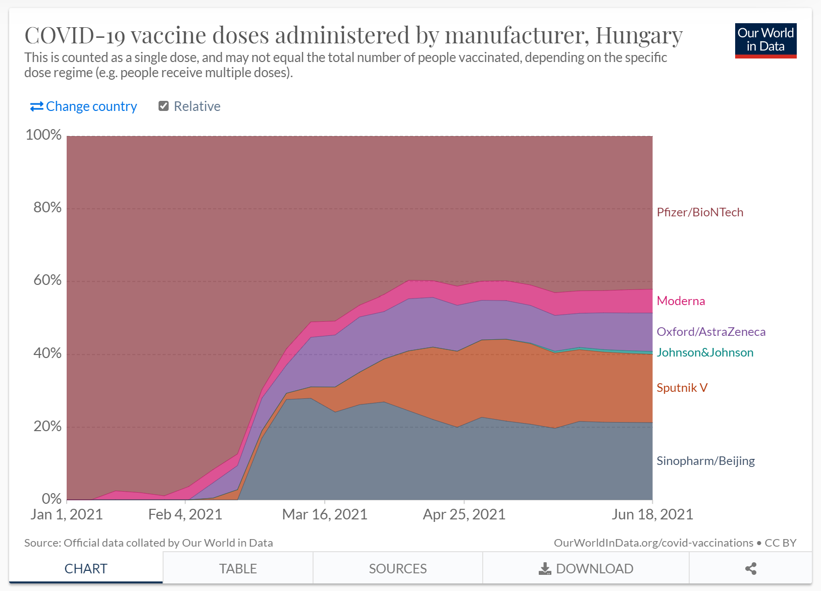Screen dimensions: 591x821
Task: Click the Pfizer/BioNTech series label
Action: point(699,212)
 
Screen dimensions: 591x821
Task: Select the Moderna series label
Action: point(681,301)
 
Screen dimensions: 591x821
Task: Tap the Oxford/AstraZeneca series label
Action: point(710,332)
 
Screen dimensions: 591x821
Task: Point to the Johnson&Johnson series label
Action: point(705,352)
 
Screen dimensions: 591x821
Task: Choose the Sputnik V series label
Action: point(682,388)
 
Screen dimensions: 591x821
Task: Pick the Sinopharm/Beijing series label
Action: point(705,461)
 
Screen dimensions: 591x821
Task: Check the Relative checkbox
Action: point(164,106)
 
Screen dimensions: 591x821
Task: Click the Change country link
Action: point(84,106)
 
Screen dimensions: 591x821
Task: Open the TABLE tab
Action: point(238,569)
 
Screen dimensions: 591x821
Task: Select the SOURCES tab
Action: point(397,569)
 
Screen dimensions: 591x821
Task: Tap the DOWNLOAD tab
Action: point(586,569)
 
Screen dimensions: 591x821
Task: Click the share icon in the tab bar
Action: point(750,569)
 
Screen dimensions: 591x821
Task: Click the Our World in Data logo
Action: point(765,40)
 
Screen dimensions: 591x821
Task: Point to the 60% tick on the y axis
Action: point(47,280)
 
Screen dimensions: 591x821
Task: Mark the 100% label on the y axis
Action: point(43,135)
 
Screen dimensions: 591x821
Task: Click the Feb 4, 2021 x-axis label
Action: point(185,514)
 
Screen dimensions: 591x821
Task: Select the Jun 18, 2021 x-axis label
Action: point(652,514)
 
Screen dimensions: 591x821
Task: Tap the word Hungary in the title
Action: point(639,35)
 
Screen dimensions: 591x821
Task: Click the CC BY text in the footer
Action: point(780,543)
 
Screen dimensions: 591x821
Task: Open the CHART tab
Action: point(86,569)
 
